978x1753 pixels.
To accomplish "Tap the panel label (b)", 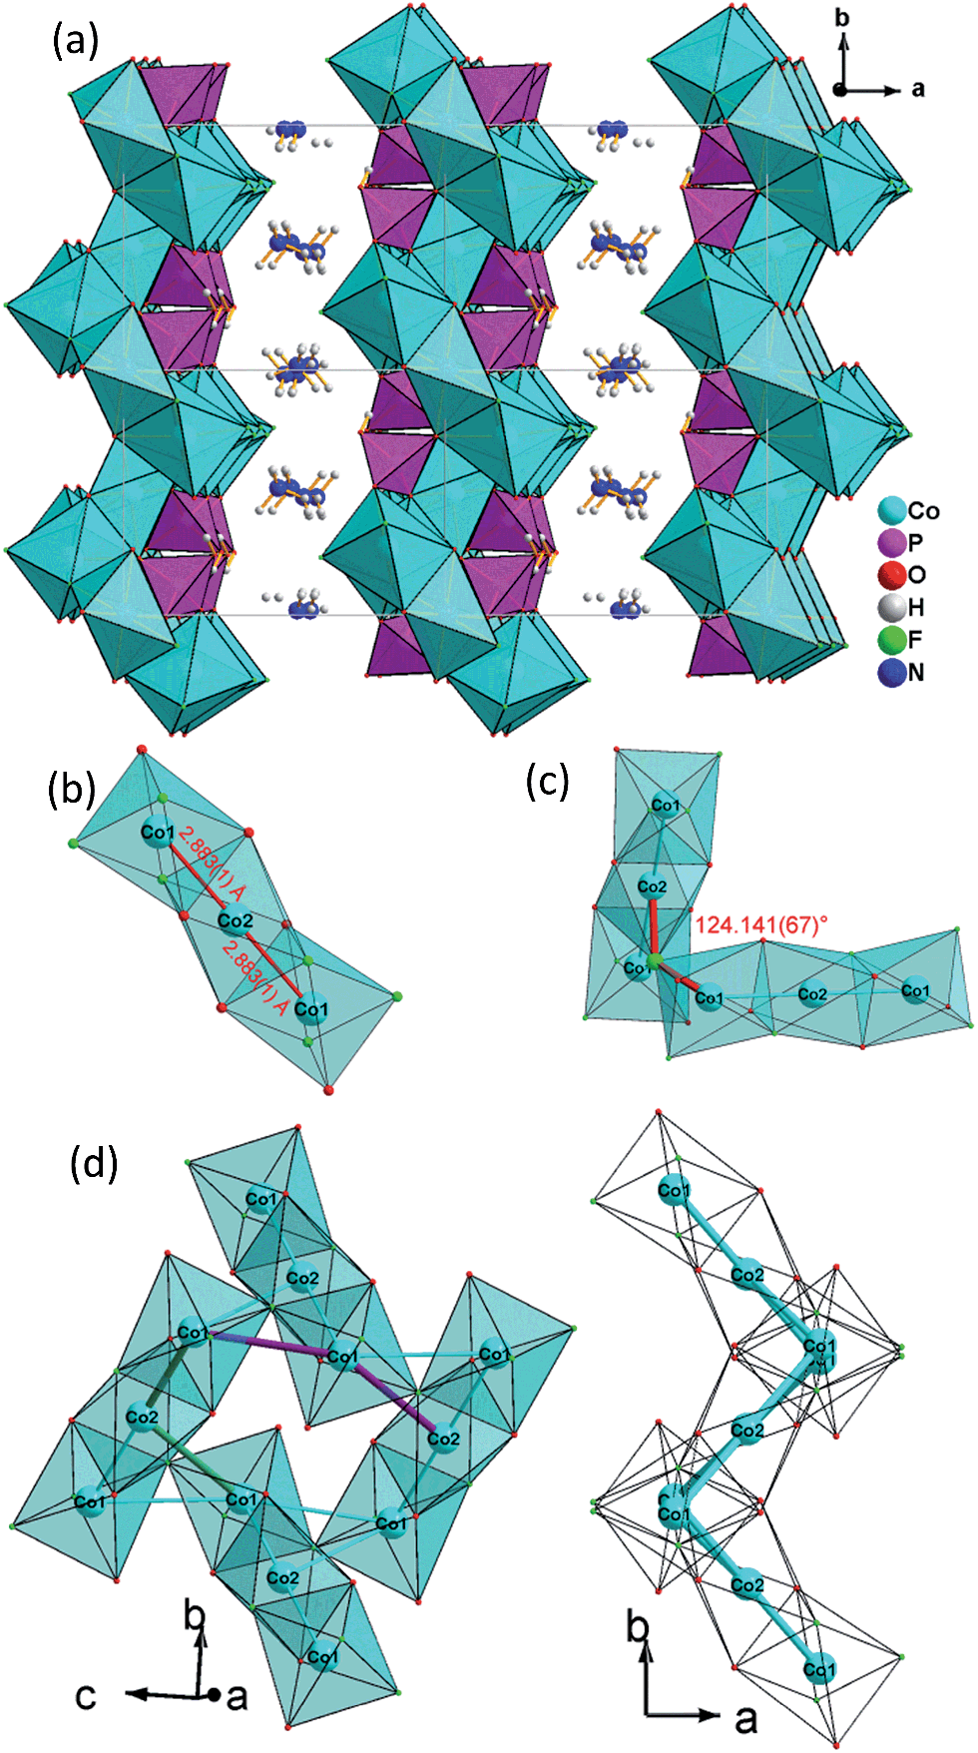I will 71,789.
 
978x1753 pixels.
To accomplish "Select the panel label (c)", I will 548,782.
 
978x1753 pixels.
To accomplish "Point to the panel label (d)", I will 94,1163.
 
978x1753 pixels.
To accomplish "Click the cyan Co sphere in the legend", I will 891,511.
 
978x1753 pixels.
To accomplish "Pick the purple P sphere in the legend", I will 891,543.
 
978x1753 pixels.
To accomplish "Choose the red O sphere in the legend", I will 891,575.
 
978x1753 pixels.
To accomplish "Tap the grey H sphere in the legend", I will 891,607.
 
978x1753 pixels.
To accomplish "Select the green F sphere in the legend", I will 891,640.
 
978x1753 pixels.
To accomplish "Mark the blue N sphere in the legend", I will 891,673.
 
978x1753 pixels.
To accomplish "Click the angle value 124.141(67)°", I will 761,925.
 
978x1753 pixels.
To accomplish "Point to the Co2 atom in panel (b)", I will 235,920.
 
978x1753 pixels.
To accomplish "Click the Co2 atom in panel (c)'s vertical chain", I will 652,886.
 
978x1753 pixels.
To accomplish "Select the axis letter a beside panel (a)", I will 918,90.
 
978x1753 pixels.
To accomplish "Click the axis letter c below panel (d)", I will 87,1696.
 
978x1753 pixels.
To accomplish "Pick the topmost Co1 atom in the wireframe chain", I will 675,1190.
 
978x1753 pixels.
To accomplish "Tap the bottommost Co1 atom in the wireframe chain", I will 818,1669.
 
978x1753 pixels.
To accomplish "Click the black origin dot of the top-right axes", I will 841,90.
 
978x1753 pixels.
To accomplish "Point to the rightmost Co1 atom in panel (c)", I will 915,990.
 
